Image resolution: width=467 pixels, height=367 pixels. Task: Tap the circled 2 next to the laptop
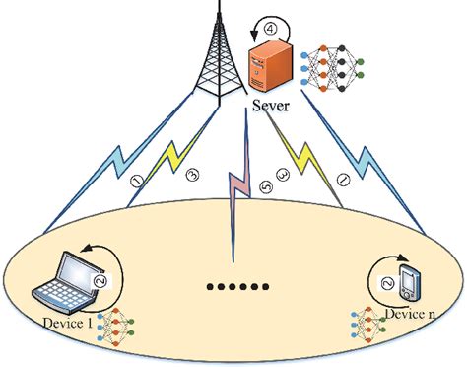[98, 279]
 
